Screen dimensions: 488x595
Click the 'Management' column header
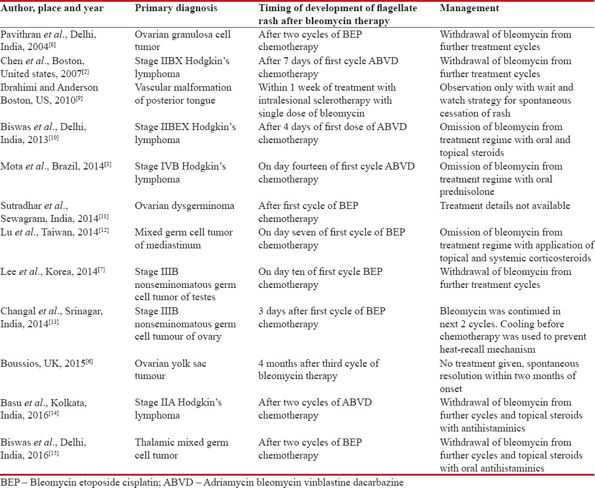[469, 9]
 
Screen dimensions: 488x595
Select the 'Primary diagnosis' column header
[171, 9]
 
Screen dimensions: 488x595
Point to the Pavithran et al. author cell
[48, 40]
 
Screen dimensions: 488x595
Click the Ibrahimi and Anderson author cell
[51, 93]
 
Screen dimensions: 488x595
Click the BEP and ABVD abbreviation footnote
[202, 481]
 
